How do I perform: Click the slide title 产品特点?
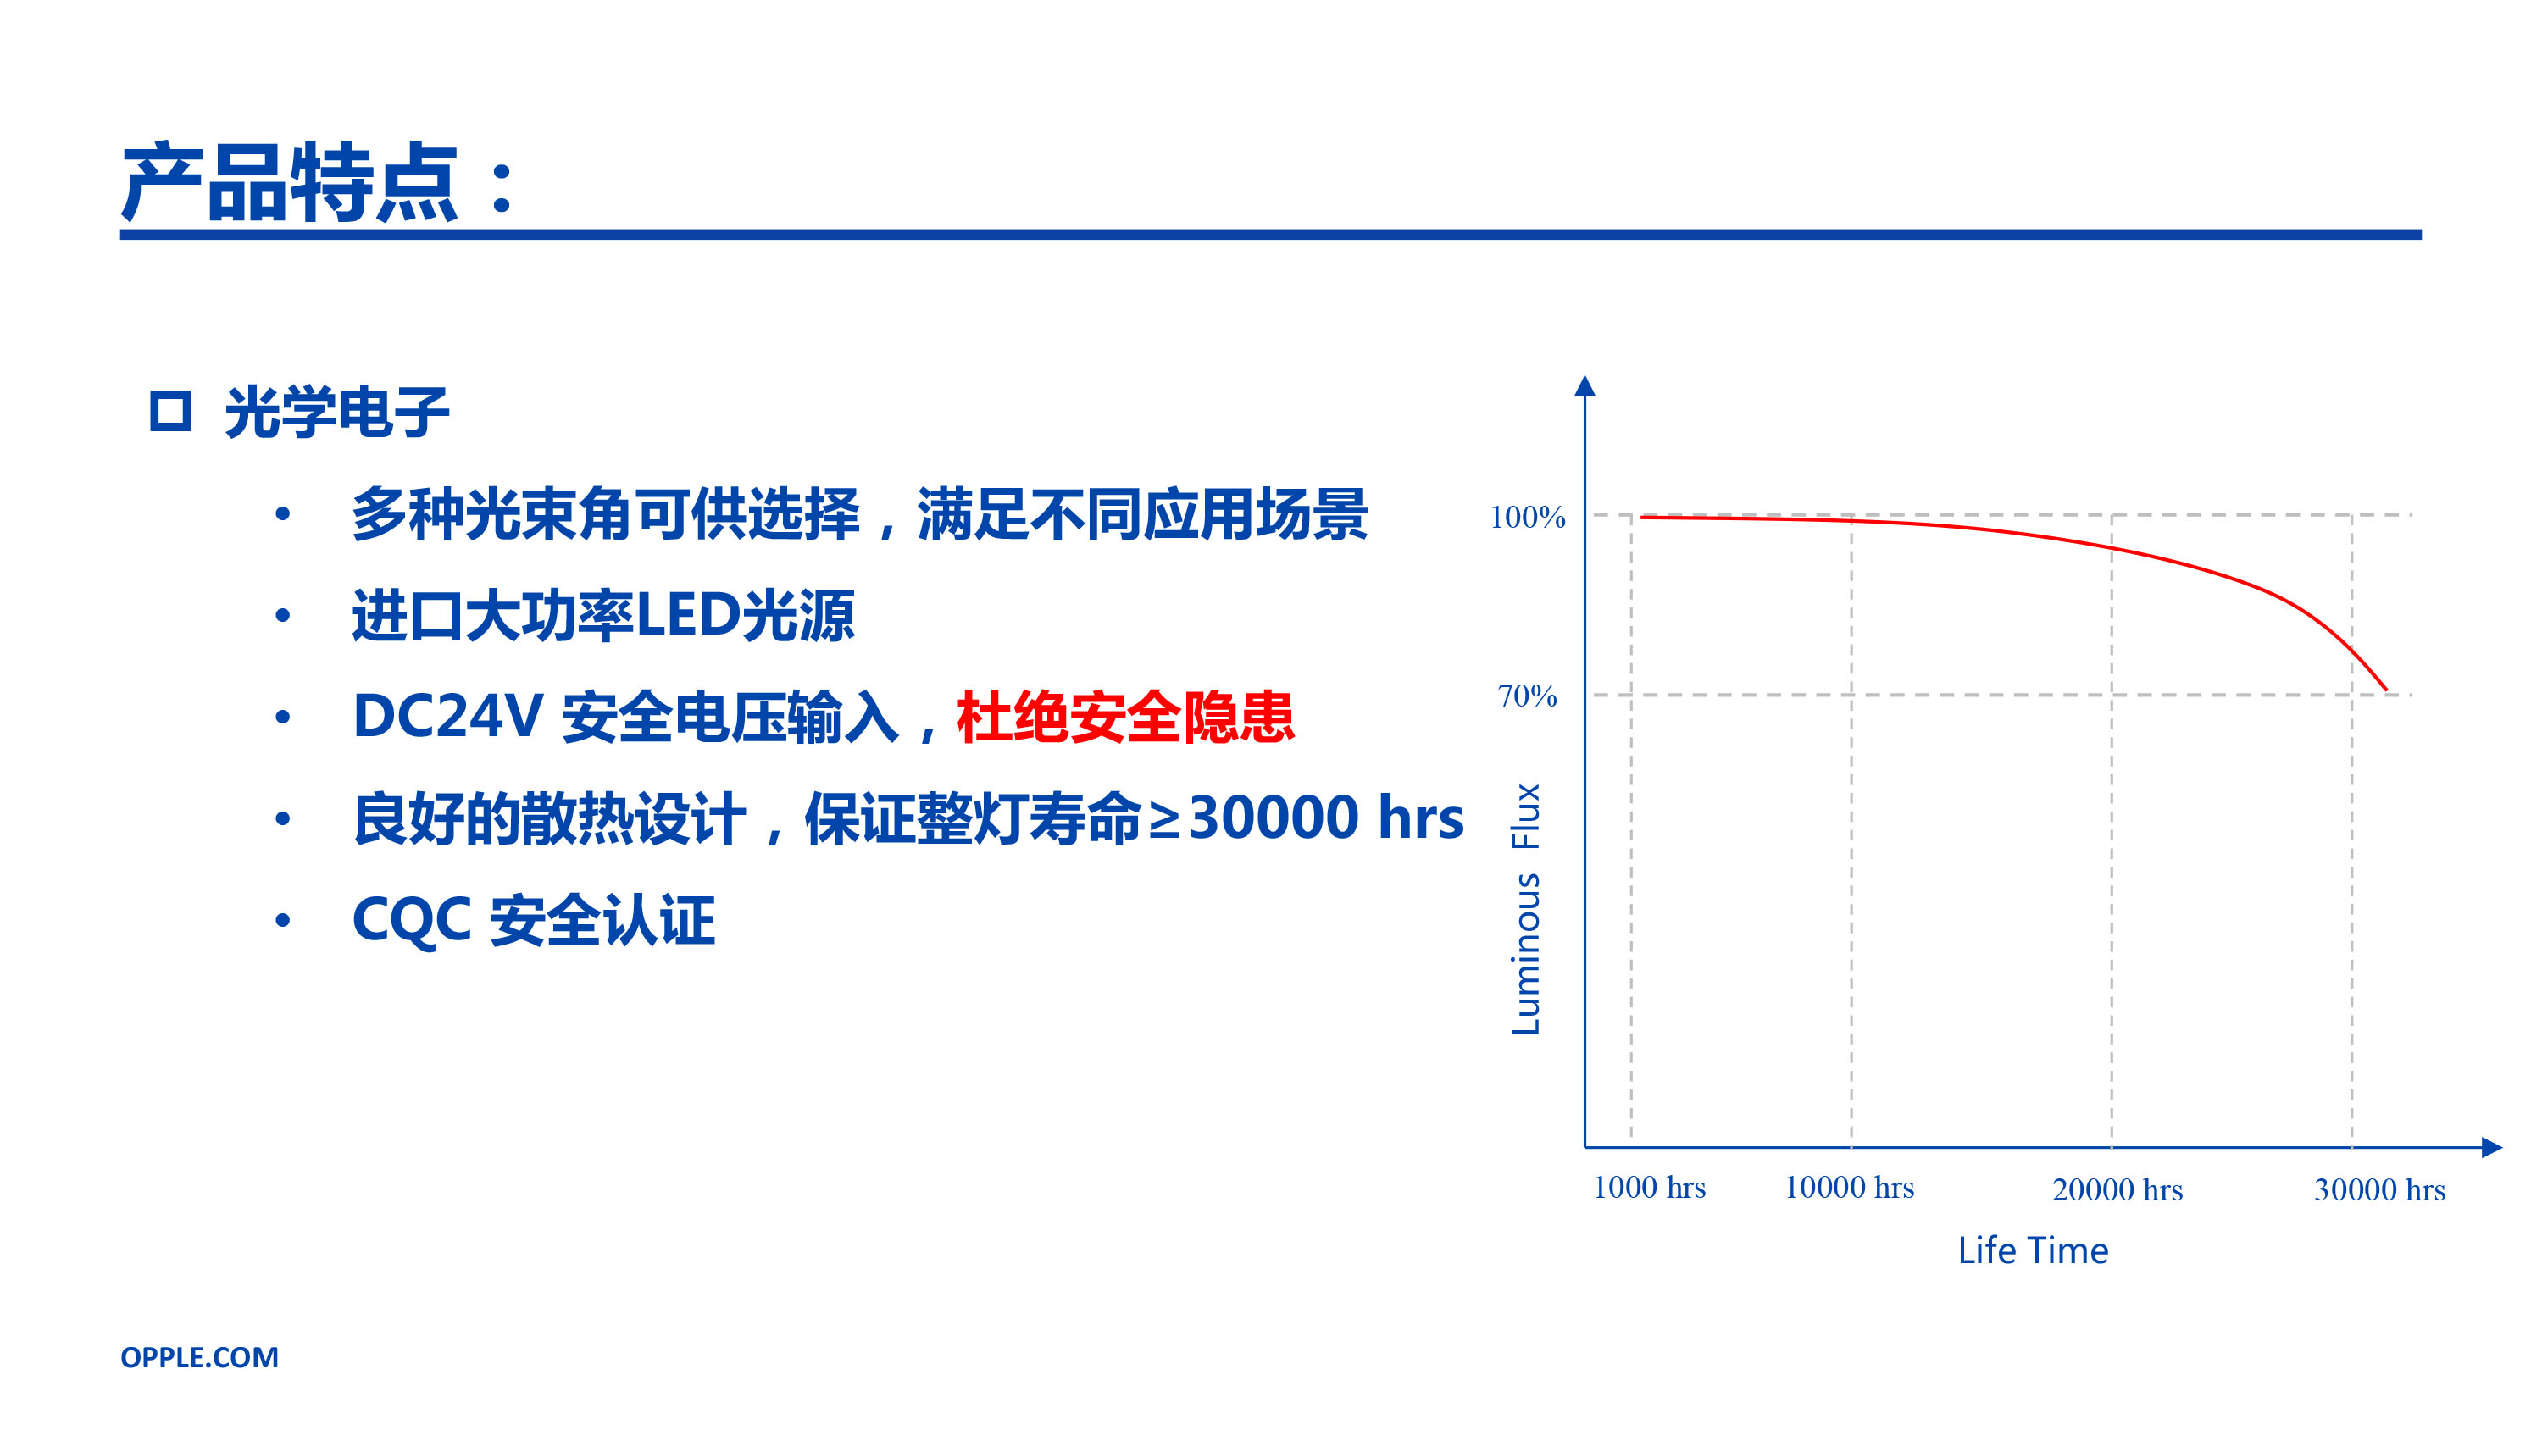tap(290, 183)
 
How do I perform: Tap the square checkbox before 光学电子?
tap(169, 411)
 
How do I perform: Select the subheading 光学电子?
tap(337, 412)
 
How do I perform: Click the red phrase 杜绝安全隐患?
tap(1125, 717)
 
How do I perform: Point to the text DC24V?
tap(448, 716)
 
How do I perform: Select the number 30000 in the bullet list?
tap(1274, 818)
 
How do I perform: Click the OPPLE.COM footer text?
tap(199, 1358)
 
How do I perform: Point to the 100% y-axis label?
tap(1528, 516)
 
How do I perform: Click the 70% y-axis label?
tap(1528, 696)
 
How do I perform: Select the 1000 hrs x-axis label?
tap(1649, 1187)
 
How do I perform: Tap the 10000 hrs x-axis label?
tap(1849, 1187)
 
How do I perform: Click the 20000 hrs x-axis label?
tap(2117, 1190)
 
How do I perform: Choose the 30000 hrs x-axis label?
tap(2380, 1190)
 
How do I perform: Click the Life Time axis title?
tap(2033, 1250)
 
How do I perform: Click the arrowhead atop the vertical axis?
tap(1585, 385)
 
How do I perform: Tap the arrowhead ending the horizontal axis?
tap(2492, 1148)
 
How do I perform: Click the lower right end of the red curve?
tap(2386, 690)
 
